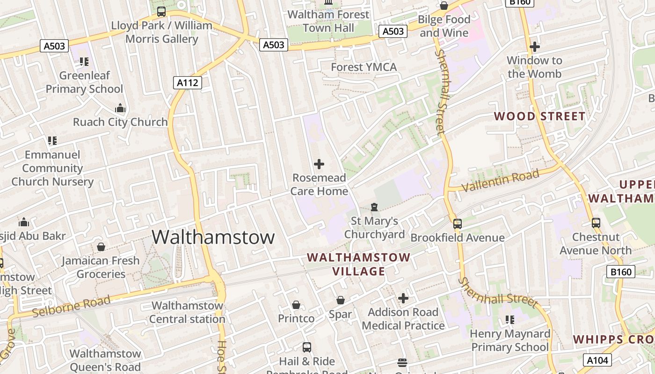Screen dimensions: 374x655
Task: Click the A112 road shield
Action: point(188,83)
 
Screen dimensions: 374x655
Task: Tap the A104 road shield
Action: point(597,360)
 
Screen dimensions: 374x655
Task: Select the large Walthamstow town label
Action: point(213,237)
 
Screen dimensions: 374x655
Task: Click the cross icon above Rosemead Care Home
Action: point(319,164)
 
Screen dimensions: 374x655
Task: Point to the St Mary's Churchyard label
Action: point(374,228)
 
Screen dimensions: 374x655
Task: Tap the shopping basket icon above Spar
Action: point(341,300)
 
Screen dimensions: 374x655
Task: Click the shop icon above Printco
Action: point(296,305)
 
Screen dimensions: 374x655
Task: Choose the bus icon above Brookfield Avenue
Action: point(458,224)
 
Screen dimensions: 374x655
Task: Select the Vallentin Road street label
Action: point(500,181)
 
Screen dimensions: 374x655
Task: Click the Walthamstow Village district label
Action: point(359,264)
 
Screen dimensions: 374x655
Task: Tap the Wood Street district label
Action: point(539,116)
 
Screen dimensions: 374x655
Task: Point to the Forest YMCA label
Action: point(364,67)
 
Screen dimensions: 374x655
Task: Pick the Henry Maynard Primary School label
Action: point(510,340)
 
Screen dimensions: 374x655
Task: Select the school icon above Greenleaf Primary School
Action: point(84,61)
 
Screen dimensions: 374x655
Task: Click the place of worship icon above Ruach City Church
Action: point(120,108)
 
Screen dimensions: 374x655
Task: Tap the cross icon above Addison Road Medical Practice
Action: point(403,298)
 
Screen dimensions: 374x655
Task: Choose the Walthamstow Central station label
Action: point(187,312)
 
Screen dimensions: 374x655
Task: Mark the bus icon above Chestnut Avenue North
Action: point(596,223)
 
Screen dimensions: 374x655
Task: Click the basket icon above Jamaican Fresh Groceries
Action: point(101,247)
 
